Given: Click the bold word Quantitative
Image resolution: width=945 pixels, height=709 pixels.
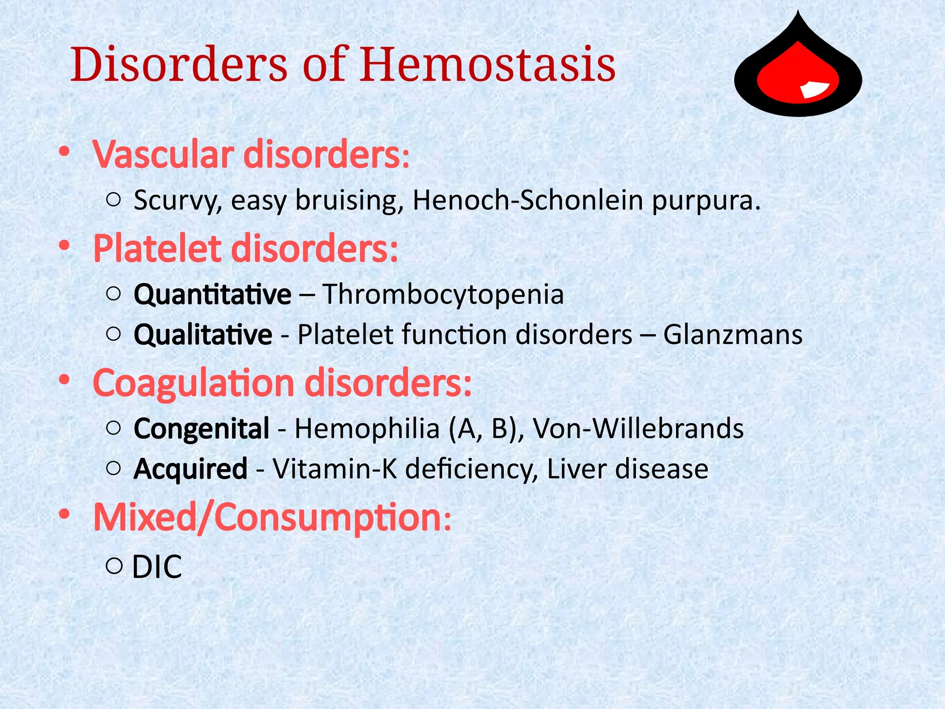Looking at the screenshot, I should (212, 294).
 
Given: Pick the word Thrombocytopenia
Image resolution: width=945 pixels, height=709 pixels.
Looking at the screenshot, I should (443, 294).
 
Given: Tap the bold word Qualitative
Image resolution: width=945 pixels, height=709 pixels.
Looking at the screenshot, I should (203, 335).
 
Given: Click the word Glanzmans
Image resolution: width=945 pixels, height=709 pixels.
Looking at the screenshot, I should (733, 335).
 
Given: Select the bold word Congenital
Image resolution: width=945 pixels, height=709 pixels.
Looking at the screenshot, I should (201, 429).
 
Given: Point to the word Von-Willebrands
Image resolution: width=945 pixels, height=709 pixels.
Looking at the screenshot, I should (638, 429).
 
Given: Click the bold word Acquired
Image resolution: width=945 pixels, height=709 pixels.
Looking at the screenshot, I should (190, 469).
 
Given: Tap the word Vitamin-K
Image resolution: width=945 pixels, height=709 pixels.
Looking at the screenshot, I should (335, 469).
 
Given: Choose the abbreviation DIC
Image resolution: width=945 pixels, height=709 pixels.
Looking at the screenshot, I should (157, 567).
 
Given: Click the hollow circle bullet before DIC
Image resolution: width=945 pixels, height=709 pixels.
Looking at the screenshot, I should (114, 565).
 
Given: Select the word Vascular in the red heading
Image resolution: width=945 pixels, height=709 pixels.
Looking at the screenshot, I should (163, 155).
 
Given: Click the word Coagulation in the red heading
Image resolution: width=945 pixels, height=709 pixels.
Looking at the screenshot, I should (193, 383).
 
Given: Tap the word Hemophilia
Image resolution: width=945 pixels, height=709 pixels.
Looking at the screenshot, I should (367, 429).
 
